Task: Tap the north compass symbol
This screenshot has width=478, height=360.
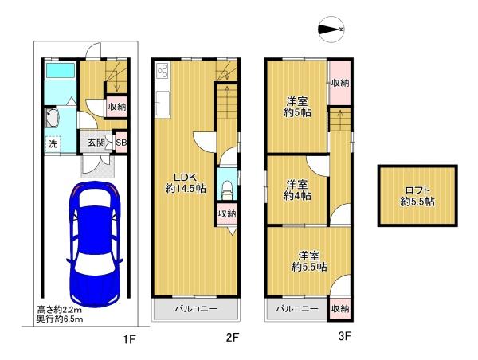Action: point(331,29)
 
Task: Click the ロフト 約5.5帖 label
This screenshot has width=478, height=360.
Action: point(417,196)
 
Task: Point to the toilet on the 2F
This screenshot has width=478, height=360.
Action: point(227,190)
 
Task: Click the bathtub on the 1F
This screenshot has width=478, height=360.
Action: point(60,70)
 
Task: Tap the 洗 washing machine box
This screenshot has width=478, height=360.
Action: point(53,143)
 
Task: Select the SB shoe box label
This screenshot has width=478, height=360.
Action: point(121,142)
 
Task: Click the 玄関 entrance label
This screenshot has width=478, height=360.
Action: point(96,142)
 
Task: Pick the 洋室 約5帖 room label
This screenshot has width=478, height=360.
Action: point(297,107)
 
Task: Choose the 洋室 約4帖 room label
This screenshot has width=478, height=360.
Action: point(297,190)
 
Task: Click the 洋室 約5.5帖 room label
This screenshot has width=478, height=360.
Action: point(309,261)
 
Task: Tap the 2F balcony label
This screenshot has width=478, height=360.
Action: point(196,309)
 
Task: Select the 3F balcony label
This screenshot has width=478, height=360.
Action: point(297,309)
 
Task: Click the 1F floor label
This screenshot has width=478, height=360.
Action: point(129,339)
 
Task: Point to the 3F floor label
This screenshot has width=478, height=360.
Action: point(345,336)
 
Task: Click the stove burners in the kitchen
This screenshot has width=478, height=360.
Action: point(163,71)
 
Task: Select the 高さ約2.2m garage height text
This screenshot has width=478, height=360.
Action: point(59,311)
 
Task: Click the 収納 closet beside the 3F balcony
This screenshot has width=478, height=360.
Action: point(340,309)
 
